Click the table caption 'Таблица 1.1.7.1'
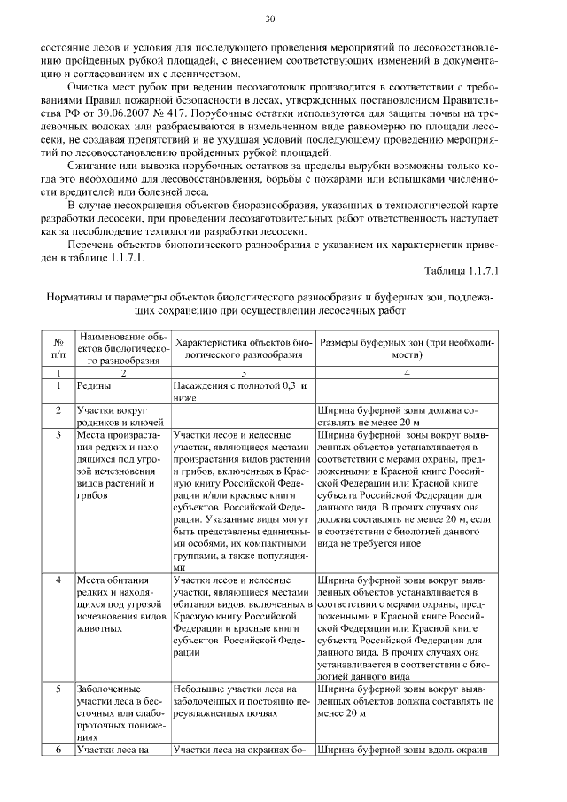tap(462, 269)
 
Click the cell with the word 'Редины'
tap(94, 386)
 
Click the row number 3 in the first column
tap(58, 436)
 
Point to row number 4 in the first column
tap(58, 580)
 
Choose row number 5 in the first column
tap(58, 687)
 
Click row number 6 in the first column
tap(58, 750)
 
